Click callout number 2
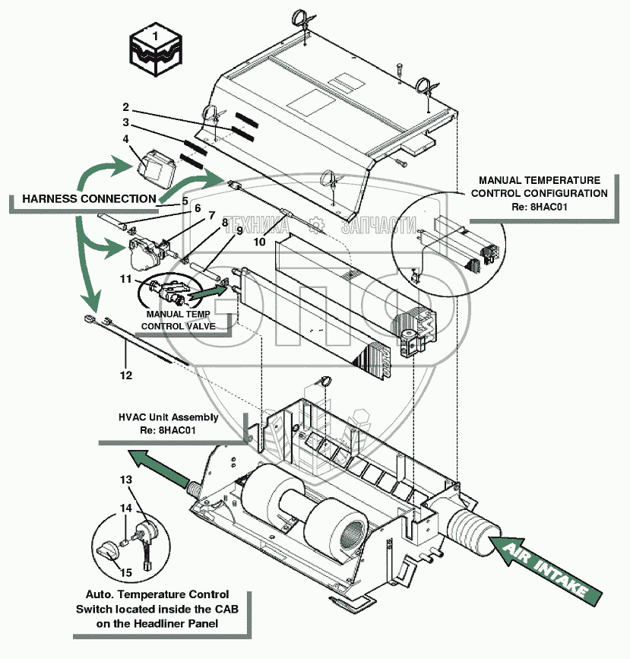[126, 107]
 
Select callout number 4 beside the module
[126, 139]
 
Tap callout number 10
[258, 242]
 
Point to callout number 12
[125, 375]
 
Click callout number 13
[126, 480]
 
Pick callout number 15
[126, 572]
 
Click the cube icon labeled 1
[155, 49]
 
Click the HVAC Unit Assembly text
[168, 417]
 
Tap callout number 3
[126, 123]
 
